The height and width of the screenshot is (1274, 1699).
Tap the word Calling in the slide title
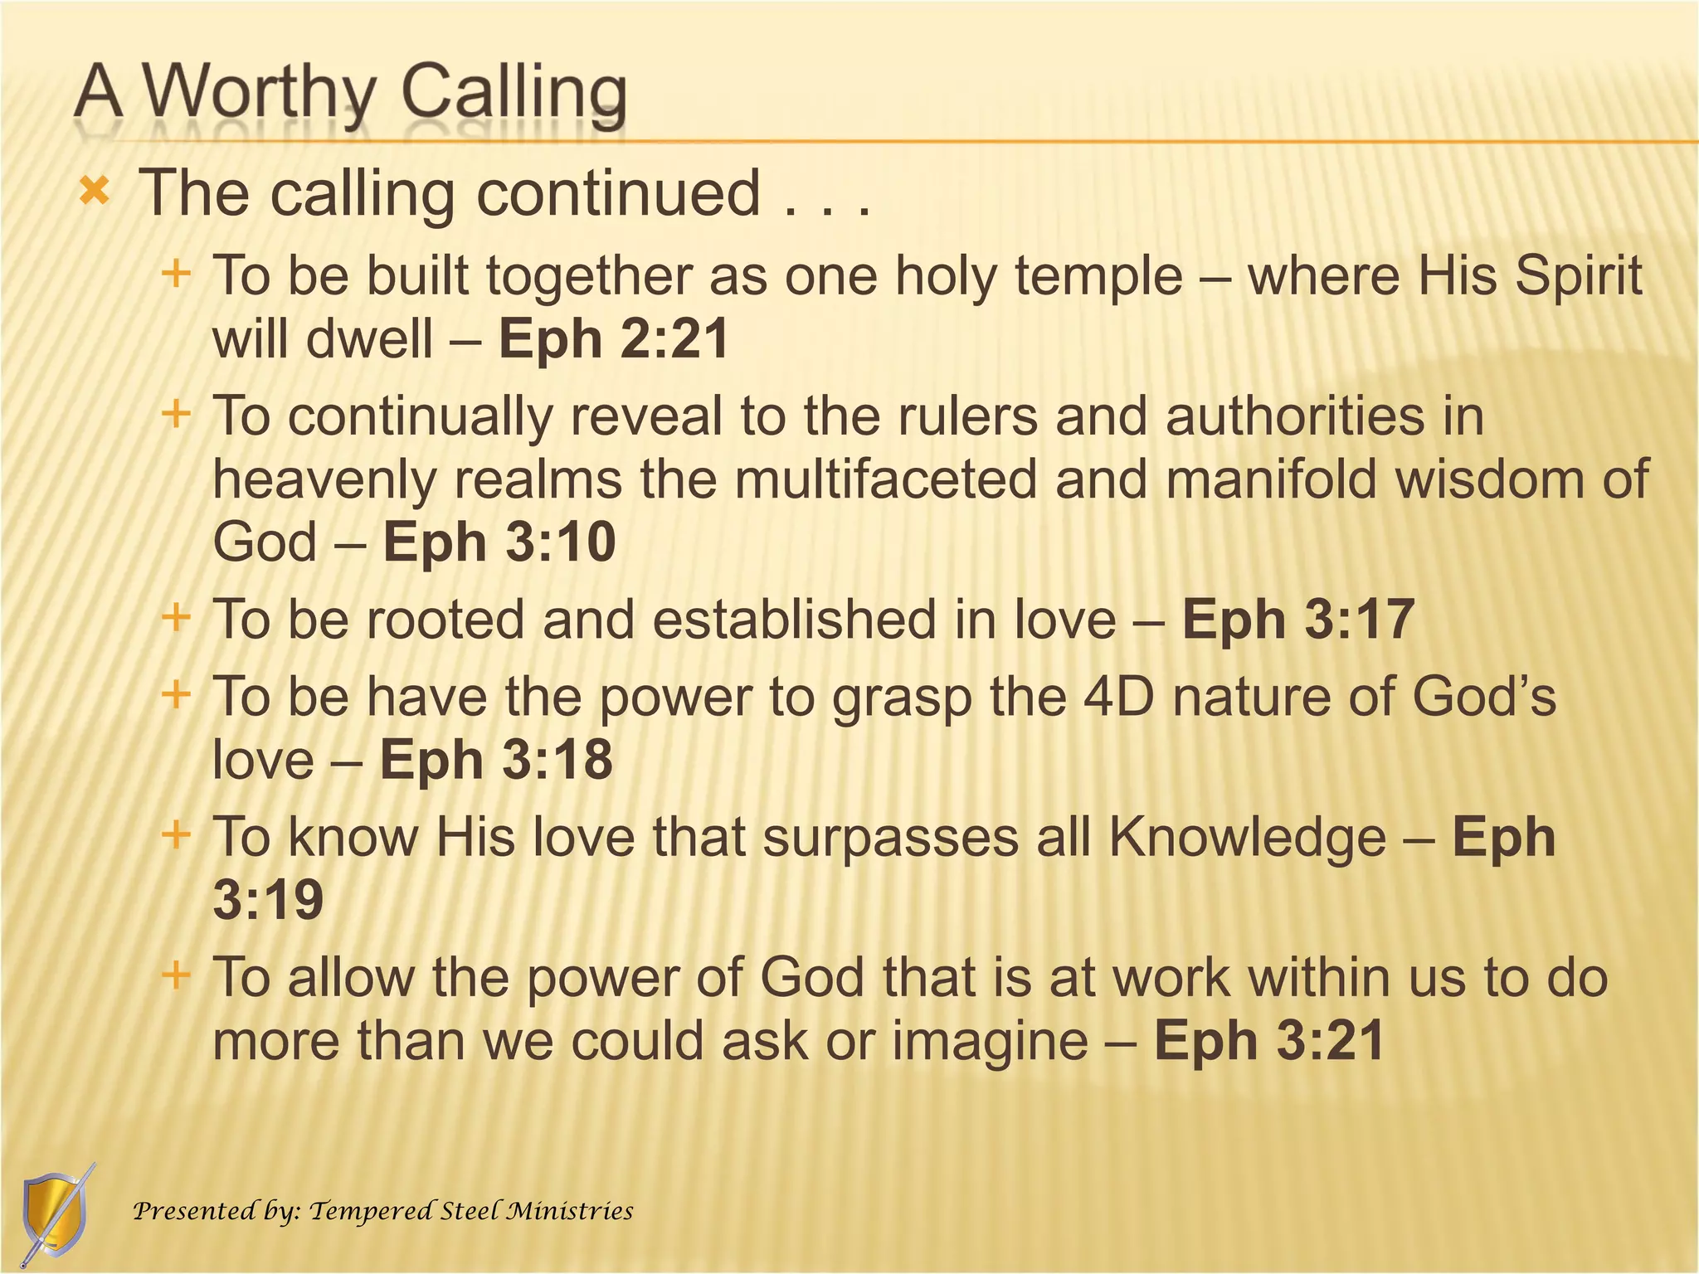pyautogui.click(x=514, y=93)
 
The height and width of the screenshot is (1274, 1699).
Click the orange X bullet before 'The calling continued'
pyautogui.click(x=94, y=193)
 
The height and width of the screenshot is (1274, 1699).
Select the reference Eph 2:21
pyautogui.click(x=613, y=339)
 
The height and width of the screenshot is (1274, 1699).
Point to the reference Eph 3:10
pyautogui.click(x=499, y=542)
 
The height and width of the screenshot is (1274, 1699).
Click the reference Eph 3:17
pyautogui.click(x=1297, y=620)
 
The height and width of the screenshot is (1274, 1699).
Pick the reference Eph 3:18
pyautogui.click(x=496, y=760)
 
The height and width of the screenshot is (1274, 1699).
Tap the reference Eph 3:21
pyautogui.click(x=1269, y=1040)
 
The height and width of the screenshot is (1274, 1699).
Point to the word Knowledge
pyautogui.click(x=1248, y=837)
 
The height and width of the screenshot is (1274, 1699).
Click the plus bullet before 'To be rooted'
pyautogui.click(x=176, y=618)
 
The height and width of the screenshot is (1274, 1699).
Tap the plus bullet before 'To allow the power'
pyautogui.click(x=176, y=974)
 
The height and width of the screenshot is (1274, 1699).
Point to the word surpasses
pyautogui.click(x=889, y=837)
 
